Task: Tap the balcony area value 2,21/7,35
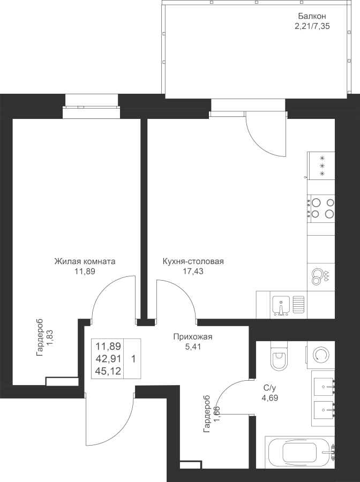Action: click(x=312, y=26)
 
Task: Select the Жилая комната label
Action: click(x=85, y=262)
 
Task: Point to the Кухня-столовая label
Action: click(x=193, y=262)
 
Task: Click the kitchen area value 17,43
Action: click(x=193, y=272)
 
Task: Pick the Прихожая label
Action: click(x=193, y=337)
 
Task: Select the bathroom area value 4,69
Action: click(x=270, y=398)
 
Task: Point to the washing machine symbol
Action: click(x=320, y=354)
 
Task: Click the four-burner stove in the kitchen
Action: click(x=322, y=208)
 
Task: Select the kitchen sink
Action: click(x=281, y=305)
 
